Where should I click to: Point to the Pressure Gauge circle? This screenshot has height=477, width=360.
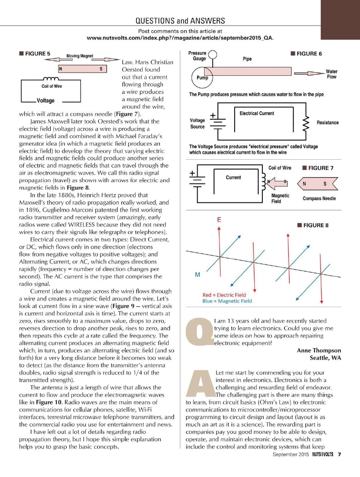pos(213,55)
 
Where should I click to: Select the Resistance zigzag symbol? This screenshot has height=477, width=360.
pos(305,122)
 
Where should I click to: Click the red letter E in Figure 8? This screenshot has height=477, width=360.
pos(219,219)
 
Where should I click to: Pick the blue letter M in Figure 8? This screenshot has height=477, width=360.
pos(198,275)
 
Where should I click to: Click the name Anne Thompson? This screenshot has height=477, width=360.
pos(316,350)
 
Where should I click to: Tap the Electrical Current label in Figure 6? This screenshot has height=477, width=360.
pos(257,113)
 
